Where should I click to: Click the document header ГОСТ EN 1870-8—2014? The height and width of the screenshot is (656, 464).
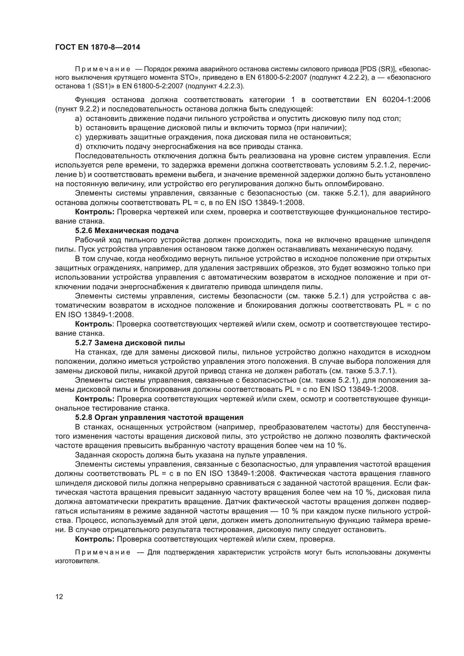click(97, 47)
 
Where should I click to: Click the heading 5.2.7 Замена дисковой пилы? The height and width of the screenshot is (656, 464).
click(130, 342)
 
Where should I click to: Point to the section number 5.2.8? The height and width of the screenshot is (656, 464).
click(83, 417)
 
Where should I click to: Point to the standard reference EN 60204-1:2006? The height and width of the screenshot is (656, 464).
click(398, 100)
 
